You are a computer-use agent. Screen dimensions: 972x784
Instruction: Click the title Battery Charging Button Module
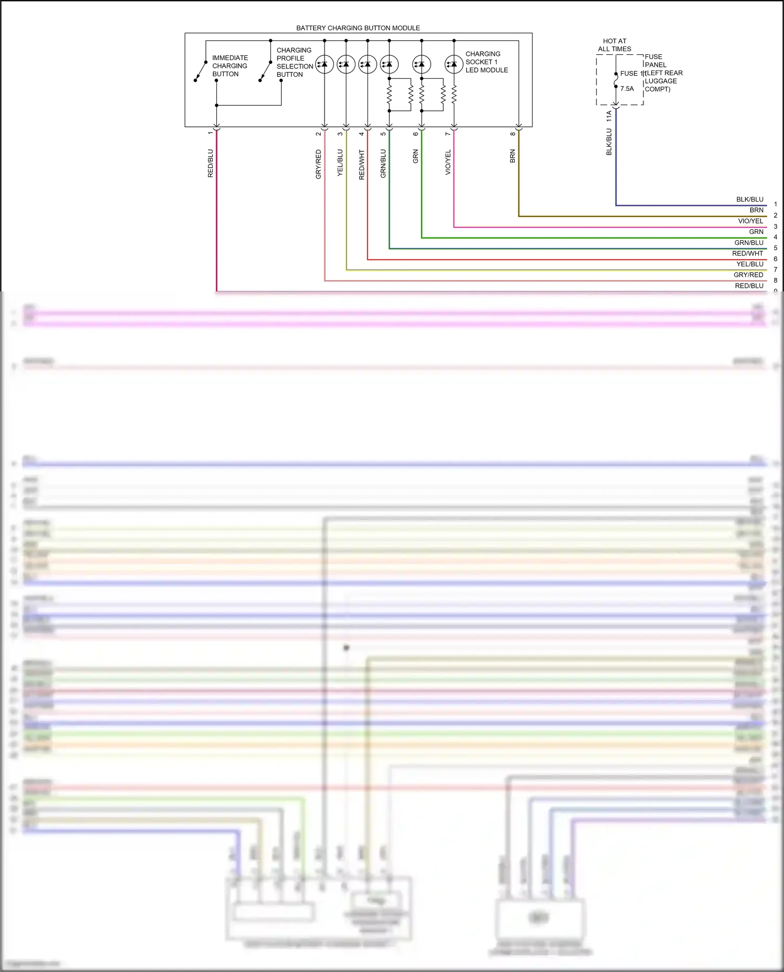click(x=358, y=28)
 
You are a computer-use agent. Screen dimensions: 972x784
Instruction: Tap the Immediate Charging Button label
click(x=230, y=66)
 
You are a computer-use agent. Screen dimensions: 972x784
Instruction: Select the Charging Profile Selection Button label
click(x=294, y=62)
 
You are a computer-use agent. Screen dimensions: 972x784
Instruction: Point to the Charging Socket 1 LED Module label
click(x=486, y=62)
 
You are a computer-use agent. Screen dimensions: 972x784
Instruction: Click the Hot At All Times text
click(x=615, y=45)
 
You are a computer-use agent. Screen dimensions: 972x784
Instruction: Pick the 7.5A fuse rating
click(x=627, y=89)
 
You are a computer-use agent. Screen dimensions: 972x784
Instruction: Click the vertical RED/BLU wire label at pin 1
click(x=211, y=163)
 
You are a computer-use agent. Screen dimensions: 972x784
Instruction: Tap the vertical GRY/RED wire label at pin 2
click(x=318, y=165)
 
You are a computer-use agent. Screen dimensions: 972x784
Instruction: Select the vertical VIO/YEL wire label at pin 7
click(x=448, y=162)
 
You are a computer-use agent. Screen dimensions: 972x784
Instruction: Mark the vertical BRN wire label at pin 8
click(x=513, y=156)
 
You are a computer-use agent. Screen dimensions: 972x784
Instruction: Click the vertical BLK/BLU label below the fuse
click(x=609, y=142)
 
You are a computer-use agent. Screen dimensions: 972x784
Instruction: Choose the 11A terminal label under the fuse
click(x=609, y=116)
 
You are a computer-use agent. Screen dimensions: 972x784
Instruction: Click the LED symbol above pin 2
click(x=325, y=64)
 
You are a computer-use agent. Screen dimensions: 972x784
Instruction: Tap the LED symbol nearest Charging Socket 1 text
click(x=454, y=64)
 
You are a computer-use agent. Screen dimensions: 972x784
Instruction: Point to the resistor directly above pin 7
click(x=454, y=95)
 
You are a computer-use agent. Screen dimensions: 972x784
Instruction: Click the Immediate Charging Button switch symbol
click(x=200, y=71)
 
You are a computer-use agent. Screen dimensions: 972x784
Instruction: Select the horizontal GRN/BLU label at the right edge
click(x=748, y=243)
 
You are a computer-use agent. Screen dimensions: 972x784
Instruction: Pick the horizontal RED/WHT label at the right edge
click(x=747, y=253)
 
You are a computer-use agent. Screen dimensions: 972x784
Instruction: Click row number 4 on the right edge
click(x=775, y=237)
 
